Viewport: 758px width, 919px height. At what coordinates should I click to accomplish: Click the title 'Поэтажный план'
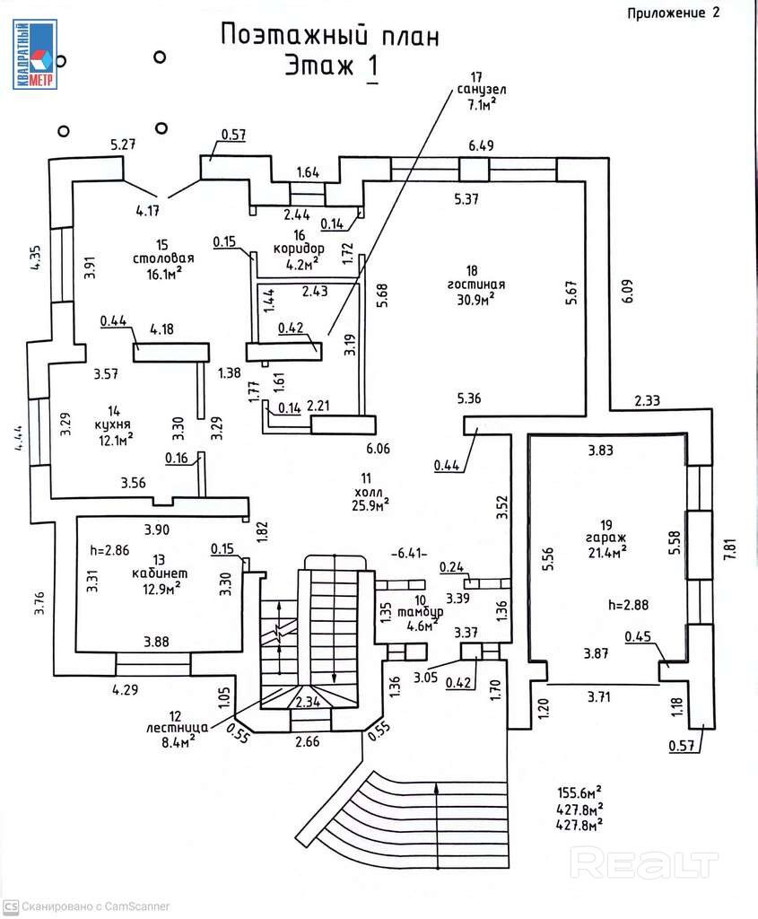point(329,36)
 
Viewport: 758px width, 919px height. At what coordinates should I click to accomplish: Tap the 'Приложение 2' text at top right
point(674,12)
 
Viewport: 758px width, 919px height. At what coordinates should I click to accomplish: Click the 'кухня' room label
point(117,424)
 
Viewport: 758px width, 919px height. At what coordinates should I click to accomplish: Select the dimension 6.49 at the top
point(481,145)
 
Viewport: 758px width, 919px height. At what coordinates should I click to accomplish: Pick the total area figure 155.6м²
point(578,792)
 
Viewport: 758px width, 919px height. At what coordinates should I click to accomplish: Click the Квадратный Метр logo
point(34,56)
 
